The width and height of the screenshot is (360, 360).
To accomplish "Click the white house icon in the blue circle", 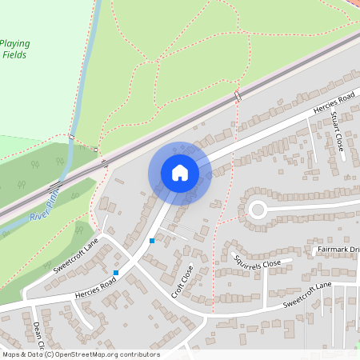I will pyautogui.click(x=179, y=172).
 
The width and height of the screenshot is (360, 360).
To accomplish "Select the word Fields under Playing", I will pyautogui.click(x=15, y=54).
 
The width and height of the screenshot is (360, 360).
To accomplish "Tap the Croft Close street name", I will pyautogui.click(x=182, y=281).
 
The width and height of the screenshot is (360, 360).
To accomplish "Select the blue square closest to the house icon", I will pyautogui.click(x=152, y=240).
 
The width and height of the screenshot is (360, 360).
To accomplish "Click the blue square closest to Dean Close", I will pyautogui.click(x=116, y=273).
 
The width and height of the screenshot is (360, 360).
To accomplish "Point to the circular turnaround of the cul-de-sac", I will pyautogui.click(x=258, y=210).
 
